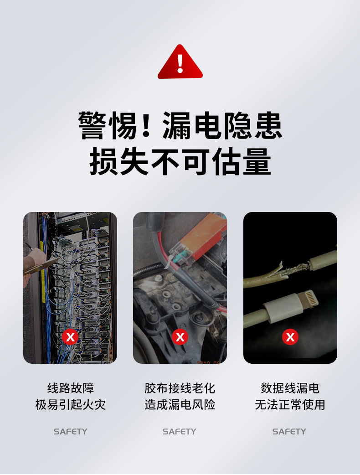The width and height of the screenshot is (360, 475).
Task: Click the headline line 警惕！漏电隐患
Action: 180,125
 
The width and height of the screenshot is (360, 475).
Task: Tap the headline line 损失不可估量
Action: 180,161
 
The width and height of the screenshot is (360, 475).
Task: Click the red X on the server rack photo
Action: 70,337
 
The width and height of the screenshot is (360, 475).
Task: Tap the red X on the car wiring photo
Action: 180,337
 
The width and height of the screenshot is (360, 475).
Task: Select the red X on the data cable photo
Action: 290,337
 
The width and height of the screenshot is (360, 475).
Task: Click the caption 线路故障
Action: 70,388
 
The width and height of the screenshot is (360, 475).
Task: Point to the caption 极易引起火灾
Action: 70,404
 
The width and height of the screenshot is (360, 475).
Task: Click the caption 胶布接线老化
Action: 180,388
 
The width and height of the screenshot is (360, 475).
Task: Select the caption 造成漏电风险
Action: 180,404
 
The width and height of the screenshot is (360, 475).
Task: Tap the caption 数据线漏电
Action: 290,388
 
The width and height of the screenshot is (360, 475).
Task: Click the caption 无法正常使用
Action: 290,404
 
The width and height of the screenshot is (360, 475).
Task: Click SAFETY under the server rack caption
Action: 70,431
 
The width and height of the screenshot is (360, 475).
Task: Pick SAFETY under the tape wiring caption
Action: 179,431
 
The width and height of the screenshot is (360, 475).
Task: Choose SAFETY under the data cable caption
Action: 289,431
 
